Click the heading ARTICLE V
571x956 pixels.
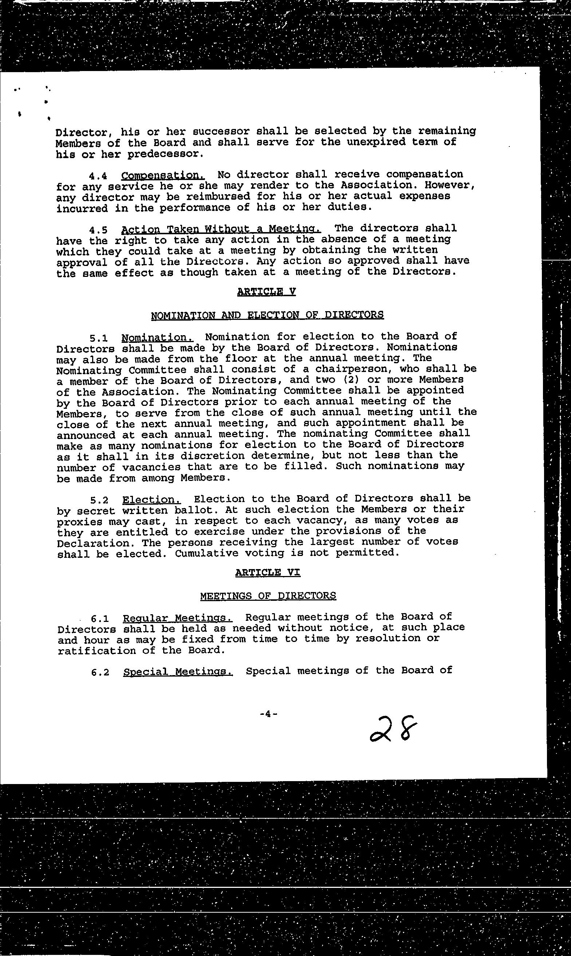pos(266,291)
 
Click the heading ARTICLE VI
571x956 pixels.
pos(267,572)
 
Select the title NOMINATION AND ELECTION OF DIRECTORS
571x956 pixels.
pos(267,315)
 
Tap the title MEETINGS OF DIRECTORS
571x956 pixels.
pos(268,596)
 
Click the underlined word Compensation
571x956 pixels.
pos(163,176)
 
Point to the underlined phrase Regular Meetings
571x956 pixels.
pos(178,618)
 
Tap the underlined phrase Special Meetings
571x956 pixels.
pos(178,671)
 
